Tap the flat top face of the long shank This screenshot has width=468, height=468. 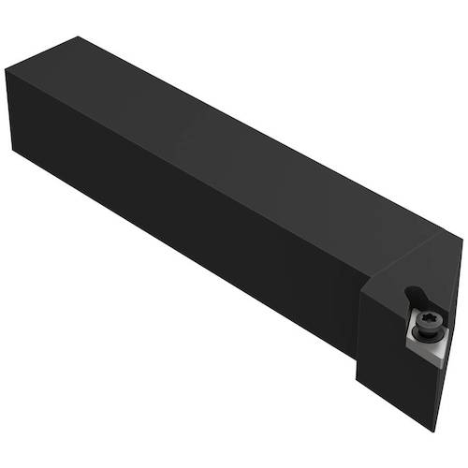pos(215,131)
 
